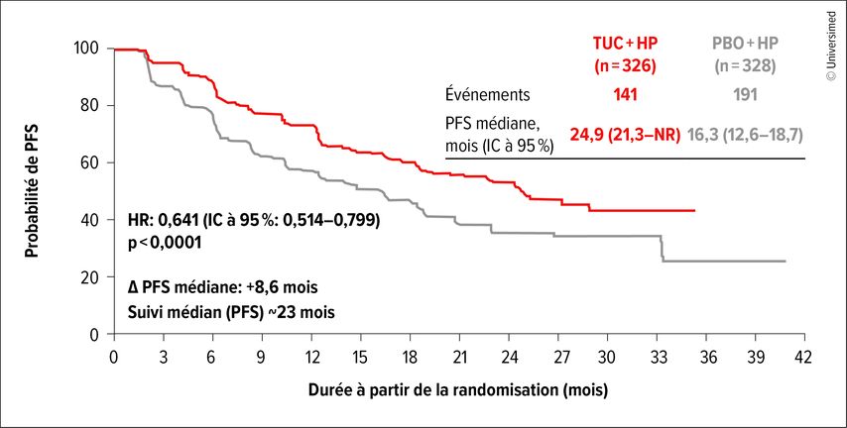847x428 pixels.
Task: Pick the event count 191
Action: [745, 95]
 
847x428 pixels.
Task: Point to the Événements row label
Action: [488, 95]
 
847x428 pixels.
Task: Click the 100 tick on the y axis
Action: [85, 49]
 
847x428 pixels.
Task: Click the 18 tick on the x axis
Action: [410, 356]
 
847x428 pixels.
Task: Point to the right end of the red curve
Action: [693, 211]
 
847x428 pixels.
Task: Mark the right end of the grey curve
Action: [786, 262]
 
